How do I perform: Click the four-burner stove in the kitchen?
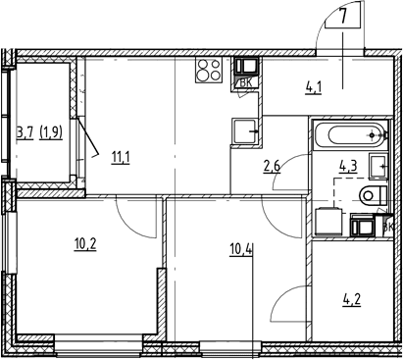tap(209, 70)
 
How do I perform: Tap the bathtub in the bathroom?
tap(350, 135)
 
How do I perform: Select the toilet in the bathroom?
tap(374, 195)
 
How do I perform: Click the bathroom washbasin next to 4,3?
tap(378, 167)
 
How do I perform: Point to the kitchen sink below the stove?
tap(244, 131)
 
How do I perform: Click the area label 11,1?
tap(121, 158)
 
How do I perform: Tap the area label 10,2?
tap(85, 244)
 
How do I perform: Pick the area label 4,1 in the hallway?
tap(313, 88)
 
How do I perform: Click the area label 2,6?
tap(272, 167)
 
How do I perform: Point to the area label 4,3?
tap(348, 166)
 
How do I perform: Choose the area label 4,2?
tap(351, 300)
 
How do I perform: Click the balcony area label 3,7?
tap(25, 133)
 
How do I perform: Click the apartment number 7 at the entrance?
tap(342, 17)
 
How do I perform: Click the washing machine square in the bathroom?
tap(327, 223)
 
